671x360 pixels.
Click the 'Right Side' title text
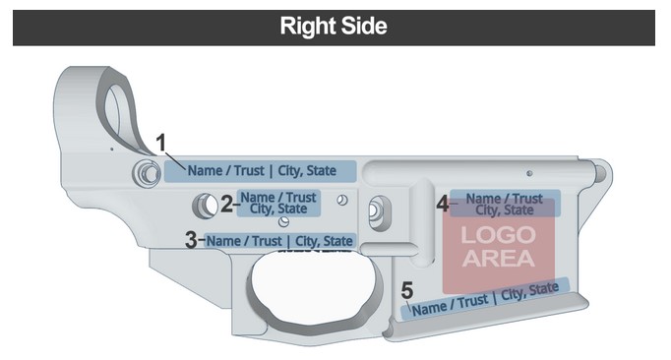pos(334,27)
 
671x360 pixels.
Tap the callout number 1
pos(160,143)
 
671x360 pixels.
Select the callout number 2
pos(226,204)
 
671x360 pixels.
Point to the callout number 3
pos(191,240)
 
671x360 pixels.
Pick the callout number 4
pos(443,204)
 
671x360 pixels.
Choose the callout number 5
pos(407,290)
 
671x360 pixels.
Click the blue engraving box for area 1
pos(260,171)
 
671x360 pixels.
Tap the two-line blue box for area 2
pos(278,204)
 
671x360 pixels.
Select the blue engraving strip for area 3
pos(279,241)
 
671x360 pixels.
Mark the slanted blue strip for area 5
pos(485,299)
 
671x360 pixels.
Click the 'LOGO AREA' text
pos(499,247)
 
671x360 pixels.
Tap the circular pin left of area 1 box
pos(147,173)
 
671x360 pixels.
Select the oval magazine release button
pos(380,212)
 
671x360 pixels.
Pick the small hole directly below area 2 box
pos(283,221)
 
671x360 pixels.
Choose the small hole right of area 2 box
pos(342,200)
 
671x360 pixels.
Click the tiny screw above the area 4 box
pos(529,173)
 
